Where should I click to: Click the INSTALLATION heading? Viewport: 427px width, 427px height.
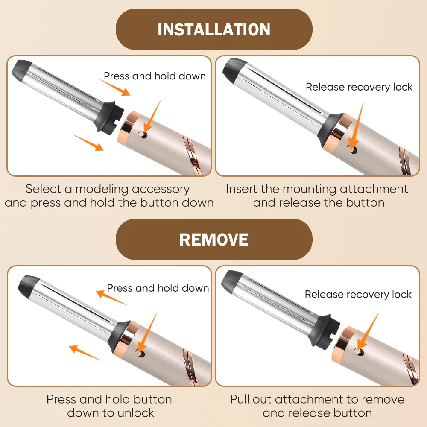pos(214,29)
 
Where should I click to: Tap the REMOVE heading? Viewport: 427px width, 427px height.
pos(214,240)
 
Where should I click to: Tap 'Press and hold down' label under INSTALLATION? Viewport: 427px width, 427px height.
pos(155,76)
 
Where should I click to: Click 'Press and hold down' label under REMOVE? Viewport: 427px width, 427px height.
pos(158,288)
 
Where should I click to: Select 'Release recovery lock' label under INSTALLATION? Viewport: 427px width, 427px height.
pos(359,87)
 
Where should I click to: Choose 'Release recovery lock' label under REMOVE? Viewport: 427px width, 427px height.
pos(358,294)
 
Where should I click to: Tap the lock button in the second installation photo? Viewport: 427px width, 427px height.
pos(353,149)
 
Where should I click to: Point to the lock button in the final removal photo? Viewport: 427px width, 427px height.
pos(360,352)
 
